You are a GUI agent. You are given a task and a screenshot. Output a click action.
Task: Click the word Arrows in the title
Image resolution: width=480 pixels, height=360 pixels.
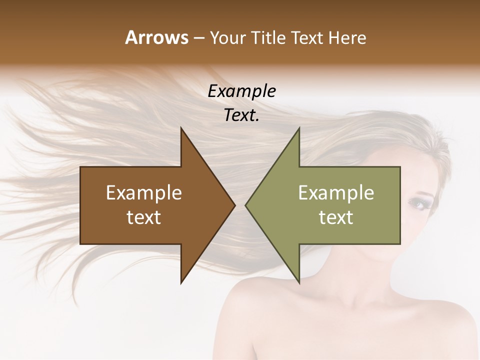pos(156,37)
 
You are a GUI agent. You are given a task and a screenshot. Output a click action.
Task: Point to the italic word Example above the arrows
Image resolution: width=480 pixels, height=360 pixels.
pos(241,91)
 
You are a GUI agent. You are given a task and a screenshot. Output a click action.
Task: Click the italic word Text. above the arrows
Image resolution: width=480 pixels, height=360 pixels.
pos(241,115)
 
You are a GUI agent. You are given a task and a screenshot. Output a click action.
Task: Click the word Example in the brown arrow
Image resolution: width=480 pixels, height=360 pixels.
pos(144,192)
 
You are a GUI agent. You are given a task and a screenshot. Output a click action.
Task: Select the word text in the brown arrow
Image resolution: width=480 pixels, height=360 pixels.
pos(144,217)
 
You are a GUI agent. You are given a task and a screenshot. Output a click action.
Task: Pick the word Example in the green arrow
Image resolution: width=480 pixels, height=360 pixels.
pos(336,192)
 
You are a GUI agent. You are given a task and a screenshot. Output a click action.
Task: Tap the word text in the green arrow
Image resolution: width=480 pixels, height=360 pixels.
pos(336,217)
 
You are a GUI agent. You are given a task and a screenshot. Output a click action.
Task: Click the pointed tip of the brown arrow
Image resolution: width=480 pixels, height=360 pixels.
pos(235,205)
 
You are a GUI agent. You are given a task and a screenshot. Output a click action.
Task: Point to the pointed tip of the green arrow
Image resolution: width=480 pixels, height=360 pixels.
pos(245,205)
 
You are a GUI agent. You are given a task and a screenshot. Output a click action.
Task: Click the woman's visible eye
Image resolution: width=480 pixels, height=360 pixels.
pos(415,202)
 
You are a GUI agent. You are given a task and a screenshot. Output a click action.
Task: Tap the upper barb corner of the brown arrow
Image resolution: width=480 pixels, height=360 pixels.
pos(181,128)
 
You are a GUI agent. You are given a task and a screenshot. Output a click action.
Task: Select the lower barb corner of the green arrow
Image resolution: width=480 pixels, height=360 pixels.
pos(299,283)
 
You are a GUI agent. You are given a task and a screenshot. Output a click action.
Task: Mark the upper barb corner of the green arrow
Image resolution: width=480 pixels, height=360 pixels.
pos(299,128)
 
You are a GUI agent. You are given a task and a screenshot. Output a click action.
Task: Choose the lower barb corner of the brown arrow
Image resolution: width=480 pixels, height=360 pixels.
pos(181,283)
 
